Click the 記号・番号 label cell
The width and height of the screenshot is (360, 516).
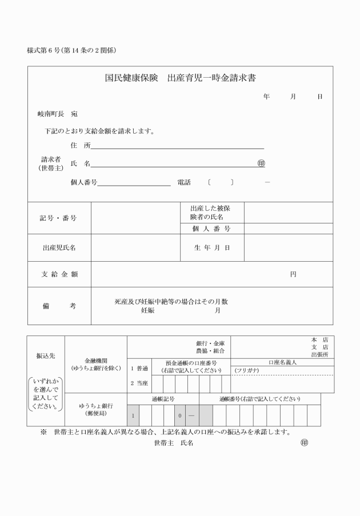(58, 218)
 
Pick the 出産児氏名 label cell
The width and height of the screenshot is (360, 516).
(59, 248)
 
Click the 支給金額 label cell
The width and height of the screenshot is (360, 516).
(59, 274)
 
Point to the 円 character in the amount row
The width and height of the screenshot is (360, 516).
(293, 274)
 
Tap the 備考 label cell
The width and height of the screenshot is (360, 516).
(59, 306)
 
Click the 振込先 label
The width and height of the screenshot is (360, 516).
(46, 355)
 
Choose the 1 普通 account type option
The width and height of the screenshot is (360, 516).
(139, 369)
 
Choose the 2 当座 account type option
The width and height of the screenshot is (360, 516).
(139, 382)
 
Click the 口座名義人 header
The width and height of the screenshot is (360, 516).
(282, 362)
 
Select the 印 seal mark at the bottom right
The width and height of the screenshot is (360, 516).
(304, 442)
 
